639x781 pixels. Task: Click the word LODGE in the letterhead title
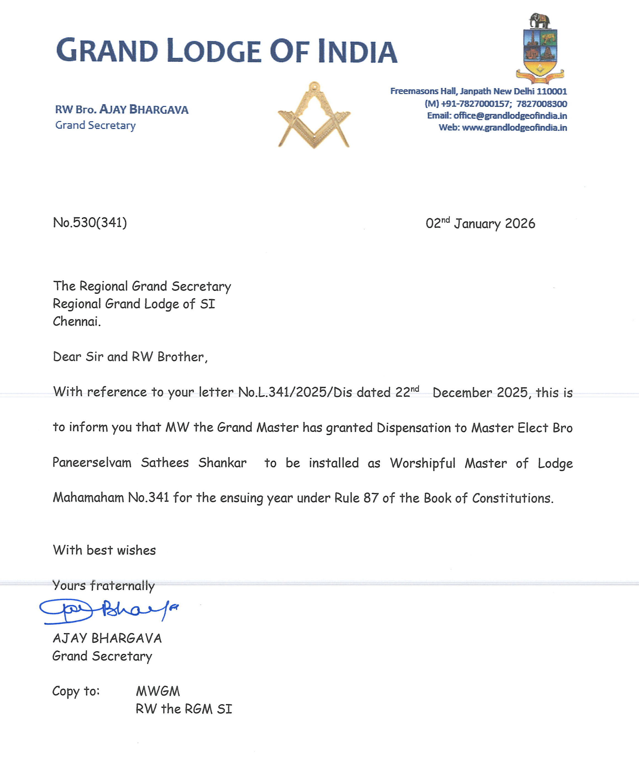pyautogui.click(x=214, y=51)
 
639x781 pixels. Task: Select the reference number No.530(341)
pyautogui.click(x=90, y=223)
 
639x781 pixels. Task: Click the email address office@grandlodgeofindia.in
pyautogui.click(x=510, y=116)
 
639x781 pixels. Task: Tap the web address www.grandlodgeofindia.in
pyautogui.click(x=514, y=128)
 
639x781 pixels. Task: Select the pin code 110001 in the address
pyautogui.click(x=552, y=91)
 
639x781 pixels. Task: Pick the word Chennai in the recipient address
pyautogui.click(x=76, y=321)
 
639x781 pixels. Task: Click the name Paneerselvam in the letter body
pyautogui.click(x=92, y=463)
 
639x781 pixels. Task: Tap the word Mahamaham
pyautogui.click(x=88, y=498)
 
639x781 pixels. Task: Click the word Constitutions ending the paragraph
pyautogui.click(x=512, y=498)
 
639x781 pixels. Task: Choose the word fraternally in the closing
pyautogui.click(x=123, y=586)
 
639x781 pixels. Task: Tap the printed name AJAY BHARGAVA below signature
pyautogui.click(x=107, y=638)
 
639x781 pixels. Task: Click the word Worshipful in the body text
pyautogui.click(x=423, y=463)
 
